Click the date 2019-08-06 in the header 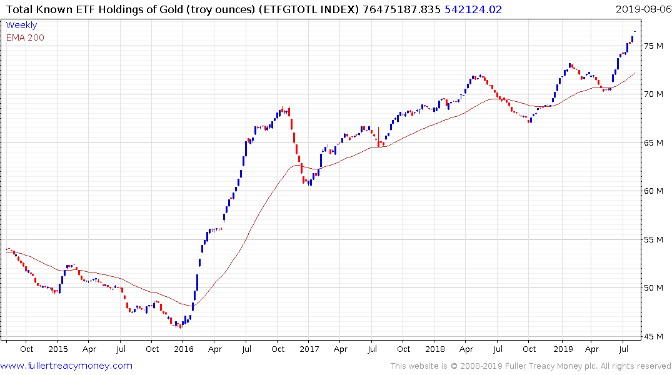[643, 9]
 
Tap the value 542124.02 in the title [473, 9]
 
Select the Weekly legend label [21, 26]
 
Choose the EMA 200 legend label [25, 37]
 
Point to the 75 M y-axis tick [654, 46]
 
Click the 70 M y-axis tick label [654, 94]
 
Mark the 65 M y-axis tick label [654, 142]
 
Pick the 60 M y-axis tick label [654, 191]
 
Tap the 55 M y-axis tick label [654, 239]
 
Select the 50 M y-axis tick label [654, 287]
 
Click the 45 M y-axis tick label [654, 336]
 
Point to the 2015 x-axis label [58, 349]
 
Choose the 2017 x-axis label [309, 349]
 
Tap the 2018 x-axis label [435, 349]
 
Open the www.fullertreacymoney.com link [66, 366]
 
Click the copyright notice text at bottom [531, 366]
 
